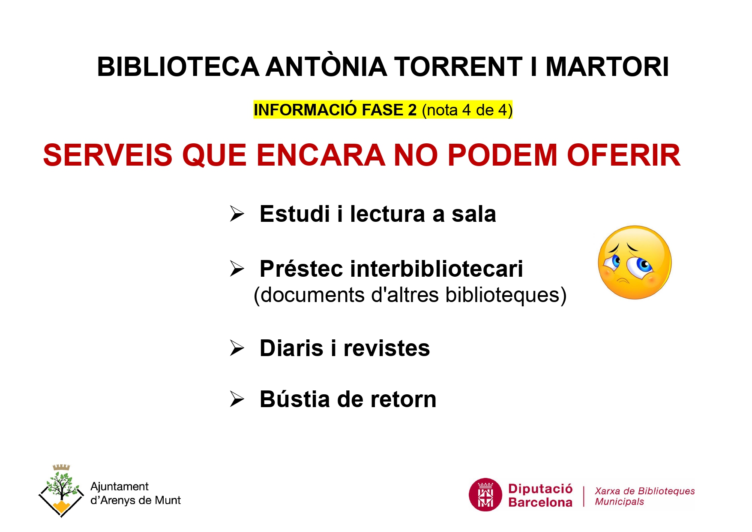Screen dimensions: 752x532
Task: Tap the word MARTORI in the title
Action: tap(607, 67)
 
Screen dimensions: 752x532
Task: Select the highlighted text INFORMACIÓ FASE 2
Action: tap(335, 110)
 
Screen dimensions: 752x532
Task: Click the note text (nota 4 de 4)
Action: tap(467, 110)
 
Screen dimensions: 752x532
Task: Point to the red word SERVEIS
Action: tap(108, 155)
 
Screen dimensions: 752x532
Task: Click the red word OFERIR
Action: tap(624, 155)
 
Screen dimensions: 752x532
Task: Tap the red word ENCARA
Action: tap(321, 155)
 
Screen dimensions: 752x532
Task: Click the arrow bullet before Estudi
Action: tap(237, 214)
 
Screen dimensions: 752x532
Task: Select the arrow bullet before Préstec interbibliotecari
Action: tap(237, 269)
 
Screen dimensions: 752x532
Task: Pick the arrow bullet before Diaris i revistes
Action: tap(237, 348)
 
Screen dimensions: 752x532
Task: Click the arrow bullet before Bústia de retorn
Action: tap(237, 399)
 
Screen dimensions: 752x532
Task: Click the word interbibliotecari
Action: tap(437, 269)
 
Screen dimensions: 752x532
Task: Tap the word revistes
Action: tap(386, 348)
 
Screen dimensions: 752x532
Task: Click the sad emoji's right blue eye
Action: tap(643, 264)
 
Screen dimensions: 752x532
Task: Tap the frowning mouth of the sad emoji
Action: tap(623, 281)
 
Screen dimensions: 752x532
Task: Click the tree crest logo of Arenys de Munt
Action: tap(60, 491)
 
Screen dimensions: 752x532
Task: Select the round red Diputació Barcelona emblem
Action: tap(485, 495)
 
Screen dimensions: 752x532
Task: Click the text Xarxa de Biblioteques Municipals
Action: tap(644, 496)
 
